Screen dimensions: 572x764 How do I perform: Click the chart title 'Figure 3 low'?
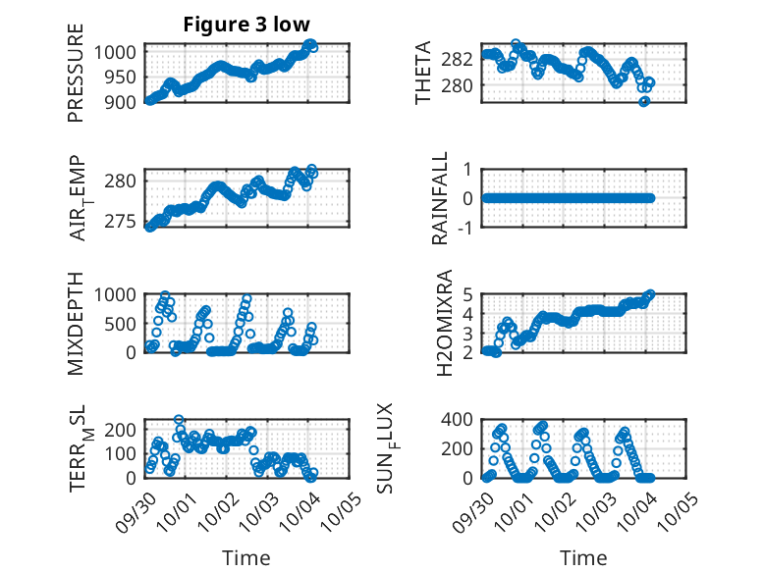[247, 25]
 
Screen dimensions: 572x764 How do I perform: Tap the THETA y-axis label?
[422, 73]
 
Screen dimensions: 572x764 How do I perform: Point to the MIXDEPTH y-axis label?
[76, 324]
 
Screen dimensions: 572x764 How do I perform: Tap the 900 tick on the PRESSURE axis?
[124, 101]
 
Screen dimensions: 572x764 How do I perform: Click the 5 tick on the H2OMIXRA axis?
[469, 293]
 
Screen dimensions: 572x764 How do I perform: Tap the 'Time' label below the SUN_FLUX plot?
[583, 557]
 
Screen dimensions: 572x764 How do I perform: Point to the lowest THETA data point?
[644, 101]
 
